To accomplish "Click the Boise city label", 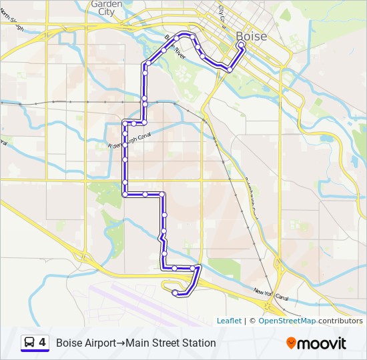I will pyautogui.click(x=251, y=36).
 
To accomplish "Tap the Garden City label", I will pyautogui.click(x=106, y=7).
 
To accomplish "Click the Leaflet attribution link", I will pyautogui.click(x=229, y=321).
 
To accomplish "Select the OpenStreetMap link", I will pyautogui.click(x=287, y=321).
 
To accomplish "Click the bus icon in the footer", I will pyautogui.click(x=30, y=343).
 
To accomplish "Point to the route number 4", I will pyautogui.click(x=43, y=342).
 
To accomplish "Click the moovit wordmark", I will pyautogui.click(x=322, y=343).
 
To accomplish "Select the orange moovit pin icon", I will pyautogui.click(x=292, y=343).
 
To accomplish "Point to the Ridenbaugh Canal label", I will pyautogui.click(x=129, y=140).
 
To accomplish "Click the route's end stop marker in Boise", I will pyautogui.click(x=241, y=45).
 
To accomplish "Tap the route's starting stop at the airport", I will pyautogui.click(x=175, y=293).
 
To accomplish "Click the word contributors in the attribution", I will pyautogui.click(x=340, y=321).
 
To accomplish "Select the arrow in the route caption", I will pyautogui.click(x=122, y=343).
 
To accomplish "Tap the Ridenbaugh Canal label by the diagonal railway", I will pyautogui.click(x=252, y=197).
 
